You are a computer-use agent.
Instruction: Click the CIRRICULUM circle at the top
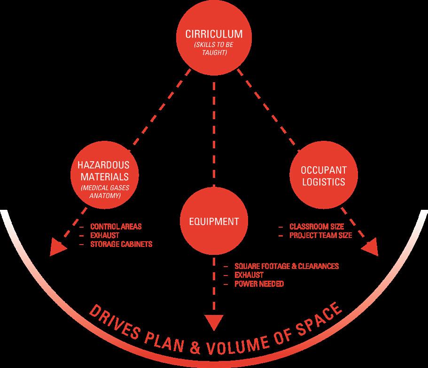[x=214, y=41]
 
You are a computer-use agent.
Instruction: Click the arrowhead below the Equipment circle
[x=214, y=323]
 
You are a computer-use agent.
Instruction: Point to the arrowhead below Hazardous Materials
[x=58, y=247]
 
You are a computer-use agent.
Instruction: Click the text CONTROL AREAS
[x=116, y=226]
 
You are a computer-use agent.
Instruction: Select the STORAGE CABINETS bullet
[x=121, y=245]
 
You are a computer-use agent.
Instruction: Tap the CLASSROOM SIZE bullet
[x=317, y=226]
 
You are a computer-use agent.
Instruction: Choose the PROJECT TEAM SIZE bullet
[x=321, y=235]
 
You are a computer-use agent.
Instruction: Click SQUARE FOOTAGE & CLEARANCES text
[x=287, y=266]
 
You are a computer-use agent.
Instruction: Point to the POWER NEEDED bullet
[x=259, y=284]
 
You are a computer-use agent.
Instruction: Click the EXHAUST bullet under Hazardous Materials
[x=105, y=235]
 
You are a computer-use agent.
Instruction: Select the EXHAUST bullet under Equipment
[x=249, y=275]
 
